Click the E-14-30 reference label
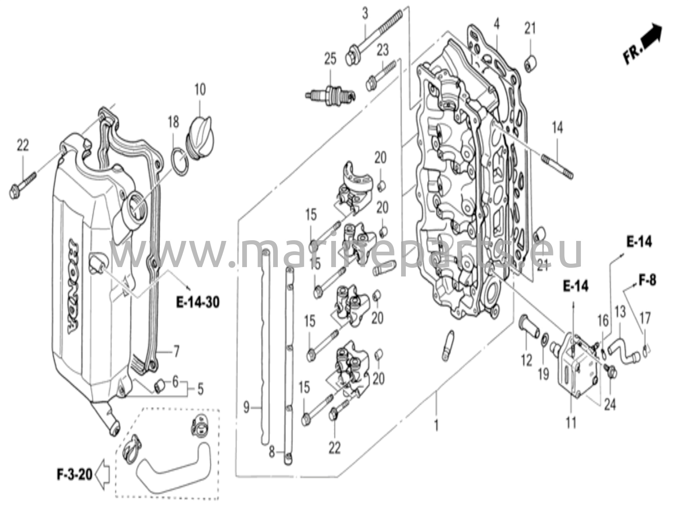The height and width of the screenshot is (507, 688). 198,302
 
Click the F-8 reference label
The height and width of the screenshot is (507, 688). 647,280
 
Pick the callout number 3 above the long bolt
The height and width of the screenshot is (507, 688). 365,14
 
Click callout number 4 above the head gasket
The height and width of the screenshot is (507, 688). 497,24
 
